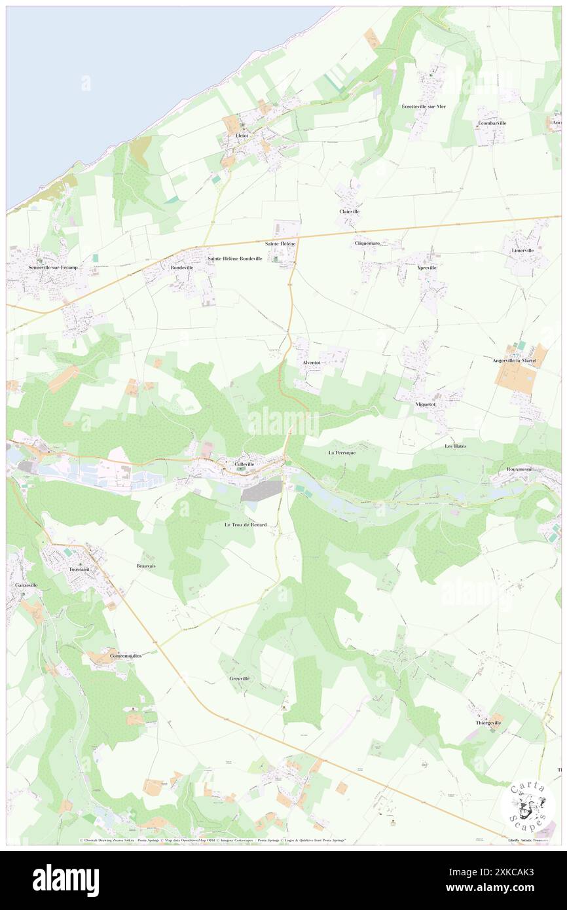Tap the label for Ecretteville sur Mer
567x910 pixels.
click(x=424, y=106)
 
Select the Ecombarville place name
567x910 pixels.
click(x=492, y=123)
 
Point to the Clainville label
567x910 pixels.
click(x=350, y=211)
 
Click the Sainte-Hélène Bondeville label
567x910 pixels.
click(x=235, y=259)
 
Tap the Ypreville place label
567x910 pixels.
click(x=427, y=268)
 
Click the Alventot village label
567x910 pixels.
click(x=311, y=362)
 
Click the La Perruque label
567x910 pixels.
click(x=342, y=452)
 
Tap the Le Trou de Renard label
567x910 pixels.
click(x=246, y=524)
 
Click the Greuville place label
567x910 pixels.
click(x=240, y=679)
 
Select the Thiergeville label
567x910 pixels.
click(x=488, y=723)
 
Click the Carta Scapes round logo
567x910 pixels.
click(x=528, y=807)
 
